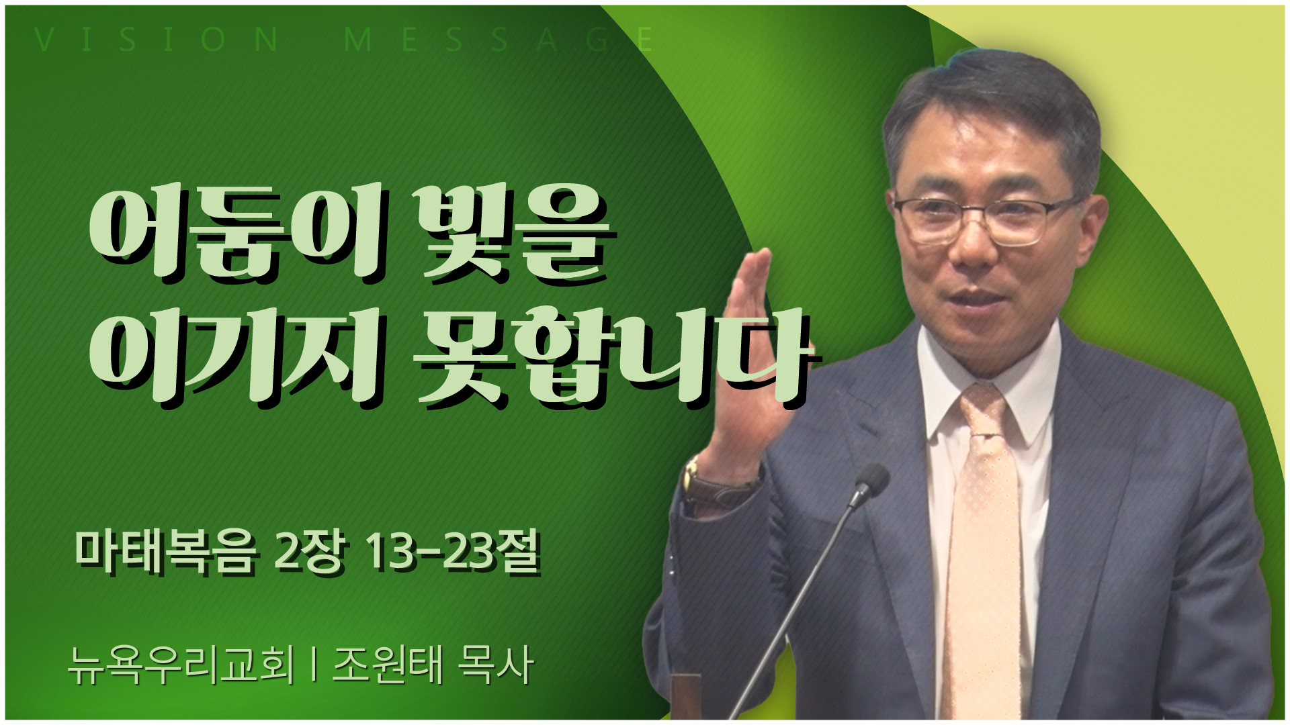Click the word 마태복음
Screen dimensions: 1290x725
coord(165,553)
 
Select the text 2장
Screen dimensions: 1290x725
coord(310,553)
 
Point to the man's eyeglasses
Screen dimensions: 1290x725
coord(988,218)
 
